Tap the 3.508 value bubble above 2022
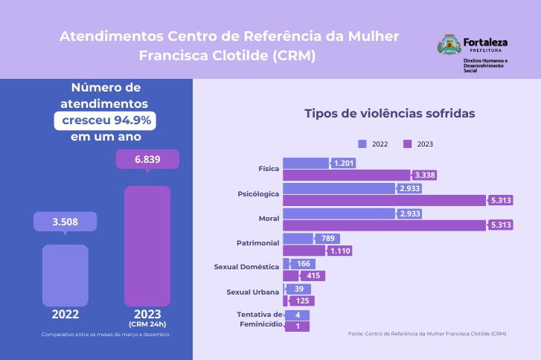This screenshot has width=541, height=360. point(65,222)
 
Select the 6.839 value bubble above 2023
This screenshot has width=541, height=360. point(147,159)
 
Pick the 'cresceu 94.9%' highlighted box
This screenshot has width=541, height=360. point(104,120)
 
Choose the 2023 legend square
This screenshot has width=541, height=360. point(407,144)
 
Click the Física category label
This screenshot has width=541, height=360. point(269,169)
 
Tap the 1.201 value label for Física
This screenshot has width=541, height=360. point(344,163)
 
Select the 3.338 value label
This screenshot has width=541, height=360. point(425,176)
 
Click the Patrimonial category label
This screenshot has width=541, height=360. point(257,243)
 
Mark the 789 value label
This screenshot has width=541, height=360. point(327,239)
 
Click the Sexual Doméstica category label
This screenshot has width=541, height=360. point(246,266)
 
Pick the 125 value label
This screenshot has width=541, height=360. point(303,301)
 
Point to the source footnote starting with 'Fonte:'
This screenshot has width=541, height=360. point(426,334)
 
